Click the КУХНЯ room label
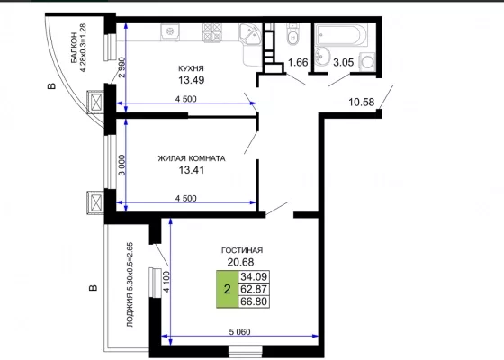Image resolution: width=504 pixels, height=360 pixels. pos(191,68)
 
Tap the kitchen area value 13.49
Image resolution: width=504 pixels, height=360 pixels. pos(191,80)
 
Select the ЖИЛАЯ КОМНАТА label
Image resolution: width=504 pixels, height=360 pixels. pos(192,158)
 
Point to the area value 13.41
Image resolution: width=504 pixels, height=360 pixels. pos(192,170)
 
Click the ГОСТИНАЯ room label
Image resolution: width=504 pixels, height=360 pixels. pos(242,250)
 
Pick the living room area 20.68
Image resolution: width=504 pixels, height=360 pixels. pos(241,262)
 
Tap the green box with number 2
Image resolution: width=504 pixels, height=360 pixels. pos(227,289)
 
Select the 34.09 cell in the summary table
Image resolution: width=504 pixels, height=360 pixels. pos(254,276)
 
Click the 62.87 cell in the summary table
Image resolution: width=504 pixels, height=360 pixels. pos(254,289)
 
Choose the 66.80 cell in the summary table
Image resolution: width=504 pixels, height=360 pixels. pos(254,301)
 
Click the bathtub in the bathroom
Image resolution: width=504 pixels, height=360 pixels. pos(341,35)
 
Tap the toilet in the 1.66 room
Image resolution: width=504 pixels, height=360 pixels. pos(292,35)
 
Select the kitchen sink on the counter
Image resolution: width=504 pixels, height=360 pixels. pos(170,31)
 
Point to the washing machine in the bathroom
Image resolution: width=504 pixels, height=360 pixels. pos(367,61)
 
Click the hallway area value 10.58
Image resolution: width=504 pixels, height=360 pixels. pos(362,103)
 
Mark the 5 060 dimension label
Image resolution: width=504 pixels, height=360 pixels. pos(239,331)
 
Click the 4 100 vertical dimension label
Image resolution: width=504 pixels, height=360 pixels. pos(166,282)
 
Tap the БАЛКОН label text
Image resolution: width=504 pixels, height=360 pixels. pos(74,48)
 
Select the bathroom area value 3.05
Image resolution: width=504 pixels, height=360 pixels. pos(344,62)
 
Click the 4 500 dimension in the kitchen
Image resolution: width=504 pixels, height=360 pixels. pos(185,99)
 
